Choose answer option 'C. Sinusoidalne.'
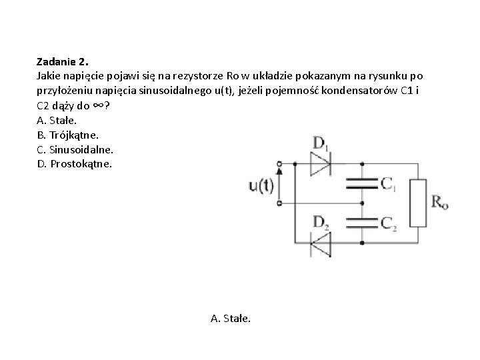pos(75,150)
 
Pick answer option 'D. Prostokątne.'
pos(75,164)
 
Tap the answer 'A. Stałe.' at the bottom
pos(231,319)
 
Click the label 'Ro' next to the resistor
pos(440,202)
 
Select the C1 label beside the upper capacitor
pos(389,183)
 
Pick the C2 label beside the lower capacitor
pos(389,223)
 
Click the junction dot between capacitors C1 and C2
pos(363,203)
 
